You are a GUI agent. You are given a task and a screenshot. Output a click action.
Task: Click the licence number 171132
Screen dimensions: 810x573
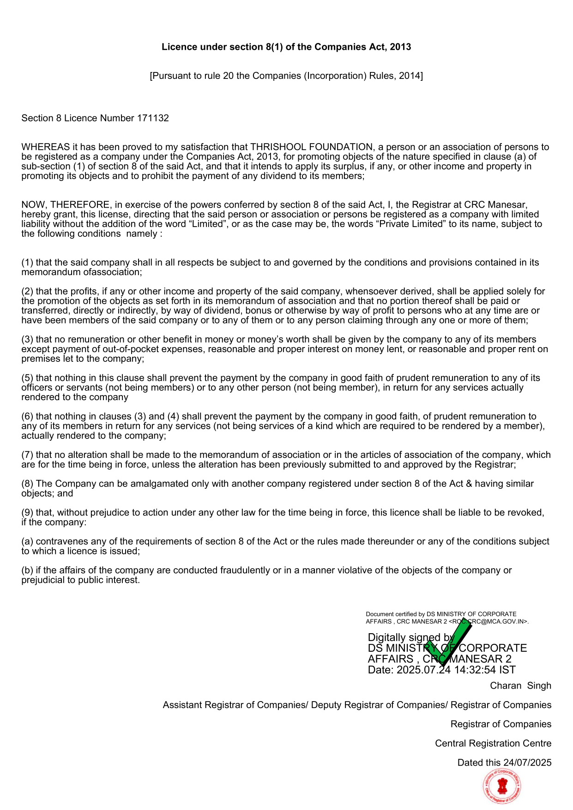pyautogui.click(x=153, y=118)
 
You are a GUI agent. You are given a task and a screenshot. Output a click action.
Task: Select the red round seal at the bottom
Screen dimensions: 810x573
pyautogui.click(x=502, y=786)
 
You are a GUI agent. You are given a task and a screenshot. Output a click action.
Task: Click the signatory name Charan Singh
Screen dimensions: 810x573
pyautogui.click(x=520, y=686)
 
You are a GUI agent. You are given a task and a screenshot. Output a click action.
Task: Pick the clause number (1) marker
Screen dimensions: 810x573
pyautogui.click(x=27, y=263)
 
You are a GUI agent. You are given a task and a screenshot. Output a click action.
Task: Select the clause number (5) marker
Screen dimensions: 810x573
pyautogui.click(x=27, y=378)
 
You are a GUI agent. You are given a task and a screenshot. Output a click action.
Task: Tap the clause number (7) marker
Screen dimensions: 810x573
pyautogui.click(x=27, y=455)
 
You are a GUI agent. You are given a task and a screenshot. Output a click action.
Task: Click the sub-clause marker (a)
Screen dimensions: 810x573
pyautogui.click(x=27, y=541)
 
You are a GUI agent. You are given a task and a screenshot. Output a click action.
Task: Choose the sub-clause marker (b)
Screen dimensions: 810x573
pyautogui.click(x=27, y=570)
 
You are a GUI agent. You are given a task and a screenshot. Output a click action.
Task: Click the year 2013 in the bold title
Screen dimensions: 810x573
pyautogui.click(x=400, y=47)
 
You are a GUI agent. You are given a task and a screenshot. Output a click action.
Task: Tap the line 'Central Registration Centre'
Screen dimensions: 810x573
pyautogui.click(x=493, y=744)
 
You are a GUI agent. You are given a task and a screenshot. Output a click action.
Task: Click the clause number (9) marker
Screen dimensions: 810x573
pyautogui.click(x=27, y=513)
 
